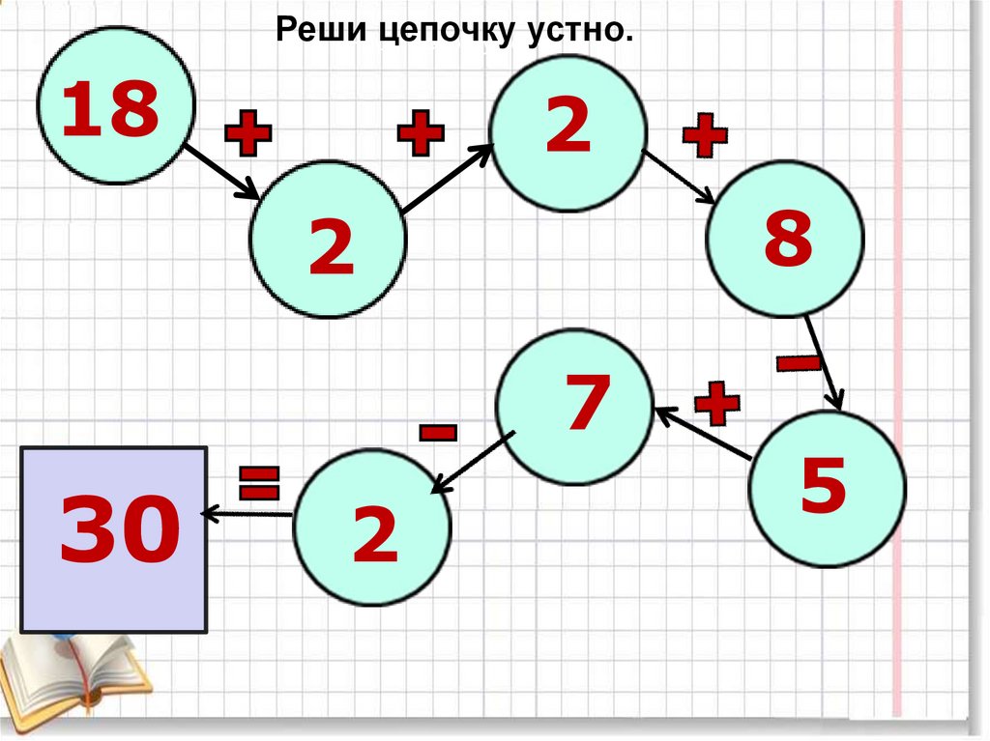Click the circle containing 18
pyautogui.click(x=116, y=106)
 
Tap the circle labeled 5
pyautogui.click(x=828, y=488)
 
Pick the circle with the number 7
pyautogui.click(x=574, y=406)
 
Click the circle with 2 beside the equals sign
pyautogui.click(x=372, y=528)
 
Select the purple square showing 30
pyautogui.click(x=114, y=538)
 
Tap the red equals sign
pyautogui.click(x=258, y=482)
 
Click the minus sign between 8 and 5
pyautogui.click(x=799, y=362)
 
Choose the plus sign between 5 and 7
pyautogui.click(x=716, y=403)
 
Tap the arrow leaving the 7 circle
pyautogui.click(x=471, y=465)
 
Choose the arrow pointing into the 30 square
pyautogui.click(x=247, y=514)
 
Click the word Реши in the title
pyautogui.click(x=319, y=32)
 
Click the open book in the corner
pyautogui.click(x=73, y=681)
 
